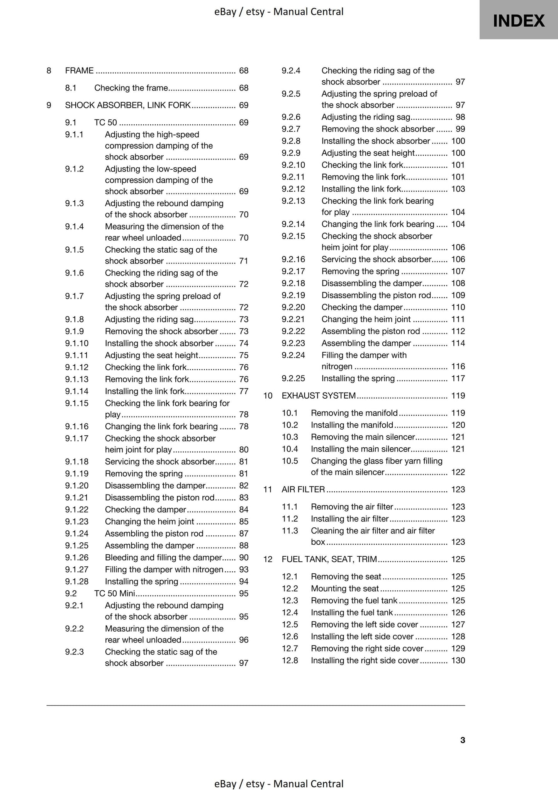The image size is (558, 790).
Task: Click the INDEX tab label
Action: click(519, 20)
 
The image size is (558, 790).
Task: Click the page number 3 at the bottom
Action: click(463, 740)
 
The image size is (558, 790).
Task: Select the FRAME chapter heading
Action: click(79, 70)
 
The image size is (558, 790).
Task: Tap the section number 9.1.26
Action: click(76, 557)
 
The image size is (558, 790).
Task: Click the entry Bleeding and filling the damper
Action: click(163, 557)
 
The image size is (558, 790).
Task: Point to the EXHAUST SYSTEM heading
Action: click(319, 396)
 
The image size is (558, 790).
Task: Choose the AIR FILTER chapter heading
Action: click(303, 489)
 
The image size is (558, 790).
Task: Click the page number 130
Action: click(458, 660)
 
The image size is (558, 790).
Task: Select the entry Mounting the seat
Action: click(344, 588)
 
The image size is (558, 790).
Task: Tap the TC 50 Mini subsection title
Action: click(114, 593)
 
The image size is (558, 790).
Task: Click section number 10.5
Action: click(290, 461)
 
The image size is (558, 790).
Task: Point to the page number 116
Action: click(458, 366)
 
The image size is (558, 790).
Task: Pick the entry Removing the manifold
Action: click(354, 413)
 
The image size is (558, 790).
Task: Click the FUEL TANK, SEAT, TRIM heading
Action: click(329, 559)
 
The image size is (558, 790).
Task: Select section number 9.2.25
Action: click(293, 378)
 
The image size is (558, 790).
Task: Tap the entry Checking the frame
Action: click(131, 88)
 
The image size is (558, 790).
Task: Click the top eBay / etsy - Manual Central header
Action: click(279, 12)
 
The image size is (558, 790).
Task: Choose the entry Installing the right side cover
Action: click(365, 660)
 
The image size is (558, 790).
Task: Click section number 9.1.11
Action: click(76, 355)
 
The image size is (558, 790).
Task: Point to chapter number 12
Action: click(268, 559)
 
